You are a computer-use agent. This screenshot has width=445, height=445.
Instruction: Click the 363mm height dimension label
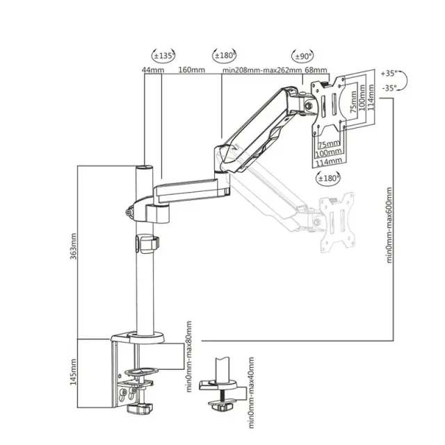(x=74, y=246)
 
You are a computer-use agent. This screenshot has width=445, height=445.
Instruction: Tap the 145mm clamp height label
(x=74, y=372)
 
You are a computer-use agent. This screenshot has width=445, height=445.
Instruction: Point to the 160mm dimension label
(x=192, y=70)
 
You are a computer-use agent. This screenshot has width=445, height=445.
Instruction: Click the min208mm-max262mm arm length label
(x=261, y=70)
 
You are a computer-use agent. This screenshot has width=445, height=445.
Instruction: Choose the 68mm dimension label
(x=316, y=70)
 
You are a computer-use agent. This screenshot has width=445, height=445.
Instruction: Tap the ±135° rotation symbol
(x=163, y=56)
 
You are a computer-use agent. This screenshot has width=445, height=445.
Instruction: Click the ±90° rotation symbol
(x=303, y=56)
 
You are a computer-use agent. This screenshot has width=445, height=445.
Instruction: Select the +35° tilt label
(x=389, y=73)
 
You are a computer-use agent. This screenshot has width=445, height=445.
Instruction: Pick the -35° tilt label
(x=389, y=88)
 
